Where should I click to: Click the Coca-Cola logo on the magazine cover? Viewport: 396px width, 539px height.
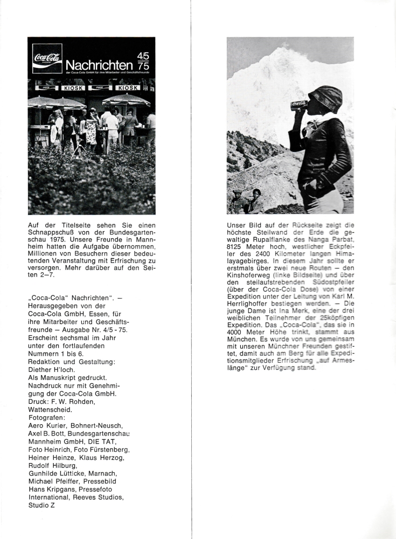[47, 58]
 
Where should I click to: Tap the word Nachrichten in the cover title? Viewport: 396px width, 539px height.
[100, 65]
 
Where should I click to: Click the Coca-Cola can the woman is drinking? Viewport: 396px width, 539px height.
[299, 105]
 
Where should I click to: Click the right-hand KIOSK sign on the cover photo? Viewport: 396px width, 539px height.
[128, 87]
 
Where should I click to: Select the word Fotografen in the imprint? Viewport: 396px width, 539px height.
[48, 417]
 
